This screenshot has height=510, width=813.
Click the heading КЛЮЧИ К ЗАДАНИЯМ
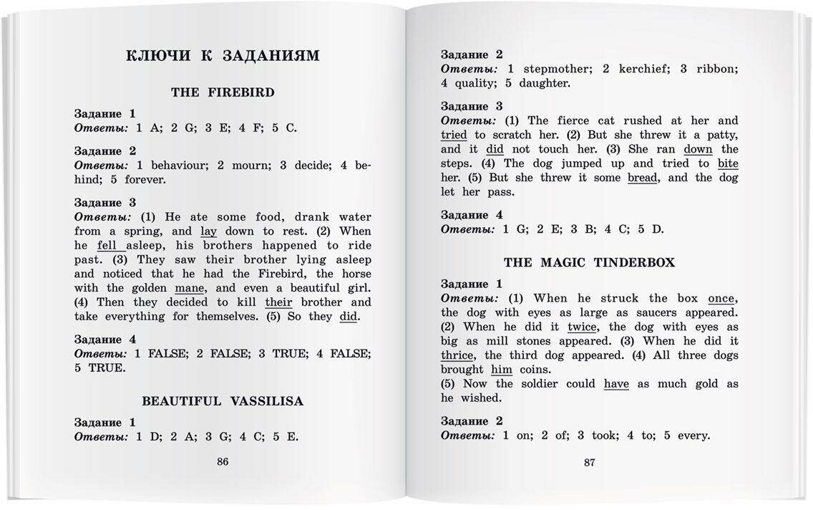223,55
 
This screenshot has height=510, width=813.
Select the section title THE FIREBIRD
223,92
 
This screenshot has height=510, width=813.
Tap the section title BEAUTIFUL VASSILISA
223,401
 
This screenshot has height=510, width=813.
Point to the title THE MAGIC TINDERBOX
589,263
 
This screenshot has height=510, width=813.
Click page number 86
223,462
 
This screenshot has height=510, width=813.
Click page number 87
589,462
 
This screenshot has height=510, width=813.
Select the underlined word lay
208,231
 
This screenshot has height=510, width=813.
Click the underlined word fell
107,246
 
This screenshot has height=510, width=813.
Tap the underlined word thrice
457,355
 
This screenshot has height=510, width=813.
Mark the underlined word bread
642,178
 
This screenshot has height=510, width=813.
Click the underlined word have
616,384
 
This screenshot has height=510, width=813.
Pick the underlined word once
722,299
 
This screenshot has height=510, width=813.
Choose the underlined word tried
454,135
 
